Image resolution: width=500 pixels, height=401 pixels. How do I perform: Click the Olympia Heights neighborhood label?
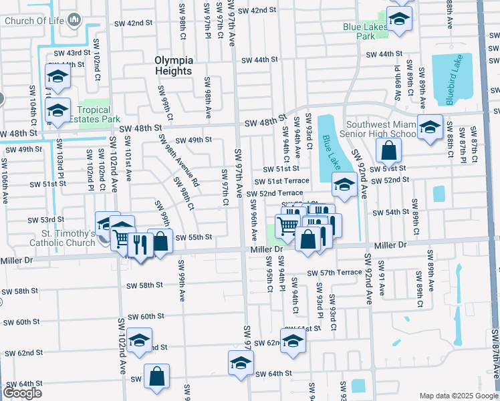click(173, 65)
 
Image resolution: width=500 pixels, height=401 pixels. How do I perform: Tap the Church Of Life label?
click(34, 20)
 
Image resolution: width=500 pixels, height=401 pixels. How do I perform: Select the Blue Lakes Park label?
click(358, 31)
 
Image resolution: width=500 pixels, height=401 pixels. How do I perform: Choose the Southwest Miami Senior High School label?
click(379, 130)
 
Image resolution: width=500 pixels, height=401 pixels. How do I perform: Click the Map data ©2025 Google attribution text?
click(458, 396)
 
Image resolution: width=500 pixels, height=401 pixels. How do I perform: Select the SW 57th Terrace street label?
click(334, 273)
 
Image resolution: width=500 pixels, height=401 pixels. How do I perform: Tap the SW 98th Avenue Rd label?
click(177, 160)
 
